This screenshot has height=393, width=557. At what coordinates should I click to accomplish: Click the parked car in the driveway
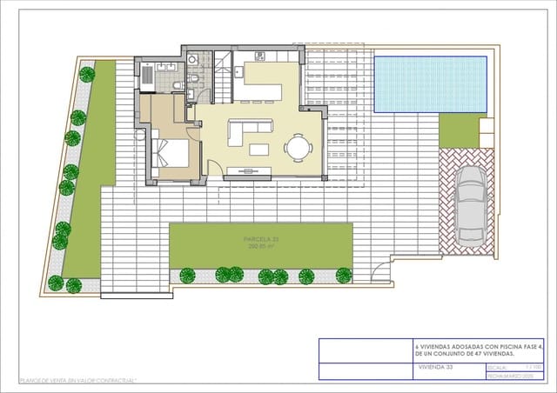click(x=469, y=205)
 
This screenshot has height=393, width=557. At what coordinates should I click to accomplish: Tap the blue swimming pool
click(x=431, y=84)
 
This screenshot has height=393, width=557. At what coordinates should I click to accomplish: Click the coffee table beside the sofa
click(x=259, y=149)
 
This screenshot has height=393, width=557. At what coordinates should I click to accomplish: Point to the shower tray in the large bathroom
click(x=148, y=77)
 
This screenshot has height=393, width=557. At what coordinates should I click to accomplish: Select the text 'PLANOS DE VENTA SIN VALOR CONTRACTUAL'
click(x=78, y=381)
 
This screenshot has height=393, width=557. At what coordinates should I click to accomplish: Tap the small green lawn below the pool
click(x=460, y=129)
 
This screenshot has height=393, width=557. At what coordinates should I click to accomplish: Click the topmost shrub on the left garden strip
click(x=86, y=75)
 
